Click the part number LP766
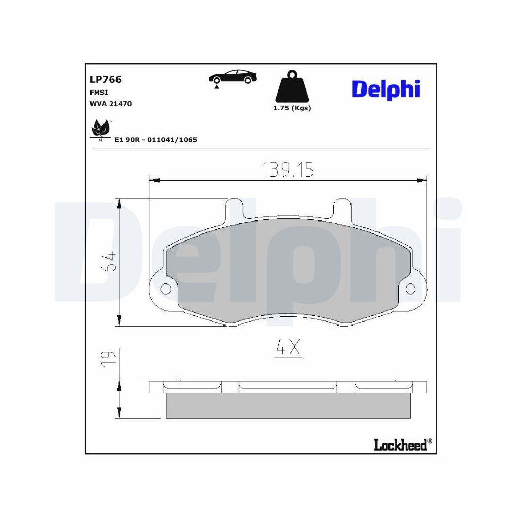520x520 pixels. click(x=107, y=80)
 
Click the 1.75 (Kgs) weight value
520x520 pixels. click(x=292, y=108)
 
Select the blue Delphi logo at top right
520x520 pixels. click(x=385, y=88)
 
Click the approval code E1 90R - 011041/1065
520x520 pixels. click(x=155, y=140)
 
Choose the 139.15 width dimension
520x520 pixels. click(x=287, y=170)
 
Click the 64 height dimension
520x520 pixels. click(x=110, y=262)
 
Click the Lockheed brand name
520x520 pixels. click(x=400, y=445)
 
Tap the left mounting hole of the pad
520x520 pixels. click(x=166, y=289)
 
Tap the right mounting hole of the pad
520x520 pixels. click(x=410, y=289)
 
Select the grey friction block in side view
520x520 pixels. click(x=288, y=405)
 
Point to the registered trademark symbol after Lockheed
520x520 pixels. click(x=430, y=441)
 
